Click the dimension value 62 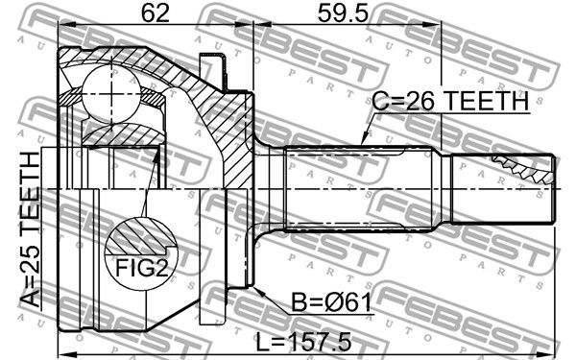pyautogui.click(x=156, y=13)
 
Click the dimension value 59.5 pyautogui.click(x=343, y=13)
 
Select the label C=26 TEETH pyautogui.click(x=450, y=101)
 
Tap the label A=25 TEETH pyautogui.click(x=30, y=229)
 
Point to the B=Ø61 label pyautogui.click(x=331, y=302)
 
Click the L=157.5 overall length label pyautogui.click(x=303, y=341)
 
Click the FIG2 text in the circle pyautogui.click(x=142, y=268)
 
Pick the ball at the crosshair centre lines pyautogui.click(x=110, y=94)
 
